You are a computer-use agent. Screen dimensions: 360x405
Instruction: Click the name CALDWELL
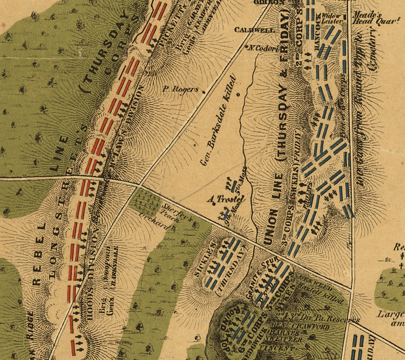254,30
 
